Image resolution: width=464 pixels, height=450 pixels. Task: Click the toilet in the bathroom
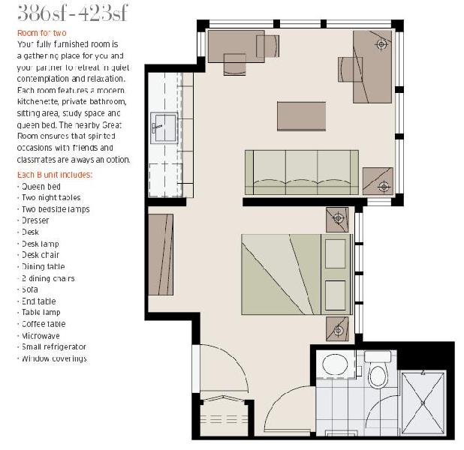(378, 373)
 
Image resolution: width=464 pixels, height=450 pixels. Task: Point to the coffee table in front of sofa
(301, 117)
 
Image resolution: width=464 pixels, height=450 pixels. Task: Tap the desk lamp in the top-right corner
(381, 44)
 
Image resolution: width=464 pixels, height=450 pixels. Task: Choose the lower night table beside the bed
(338, 327)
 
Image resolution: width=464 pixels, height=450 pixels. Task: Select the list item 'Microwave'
(41, 335)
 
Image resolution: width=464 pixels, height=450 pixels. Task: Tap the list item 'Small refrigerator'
(53, 346)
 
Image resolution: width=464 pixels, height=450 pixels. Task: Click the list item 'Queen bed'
(41, 186)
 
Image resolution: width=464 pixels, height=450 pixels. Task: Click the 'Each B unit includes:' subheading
(54, 175)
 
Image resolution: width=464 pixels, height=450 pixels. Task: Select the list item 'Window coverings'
(54, 358)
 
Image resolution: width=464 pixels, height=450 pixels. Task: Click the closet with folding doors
(225, 419)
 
